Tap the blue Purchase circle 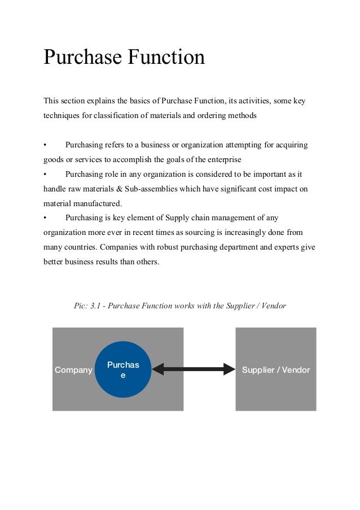[x=123, y=369]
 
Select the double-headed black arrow [x=194, y=369]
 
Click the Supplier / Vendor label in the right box [x=276, y=370]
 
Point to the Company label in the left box [x=73, y=370]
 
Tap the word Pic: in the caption [x=81, y=306]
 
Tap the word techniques [x=61, y=116]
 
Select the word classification [x=111, y=116]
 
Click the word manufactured [x=98, y=203]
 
